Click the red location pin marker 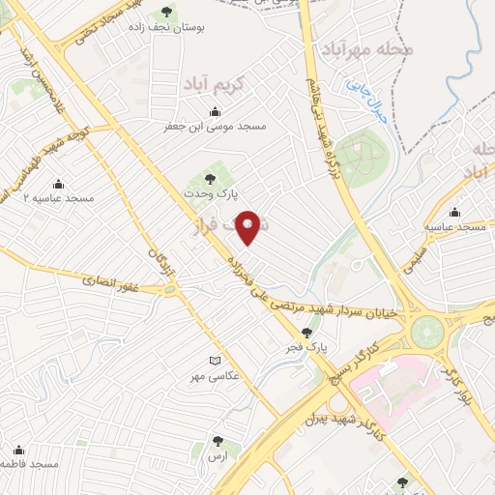[x=251, y=227]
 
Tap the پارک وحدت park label [x=204, y=193]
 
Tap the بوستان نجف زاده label [x=168, y=28]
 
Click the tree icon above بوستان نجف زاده [x=167, y=12]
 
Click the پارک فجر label [x=308, y=345]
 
